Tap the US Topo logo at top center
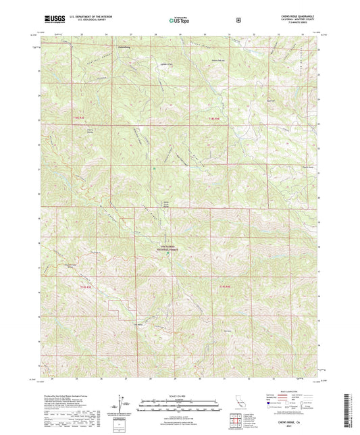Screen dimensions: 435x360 [178, 21]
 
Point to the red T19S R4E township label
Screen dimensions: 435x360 [225, 288]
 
